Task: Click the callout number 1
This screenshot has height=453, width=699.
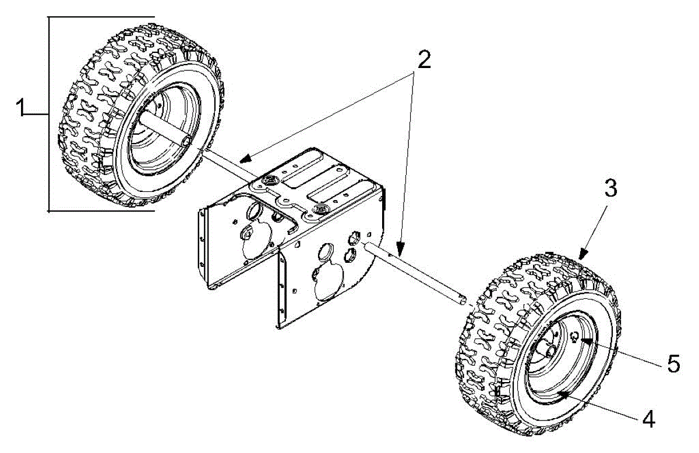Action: point(21,109)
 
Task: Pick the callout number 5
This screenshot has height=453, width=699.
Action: point(673,365)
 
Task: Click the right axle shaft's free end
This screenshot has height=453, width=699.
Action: point(463,300)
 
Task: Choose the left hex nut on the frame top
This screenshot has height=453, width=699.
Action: point(270,182)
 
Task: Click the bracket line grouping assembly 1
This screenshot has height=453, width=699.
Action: point(49,113)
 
